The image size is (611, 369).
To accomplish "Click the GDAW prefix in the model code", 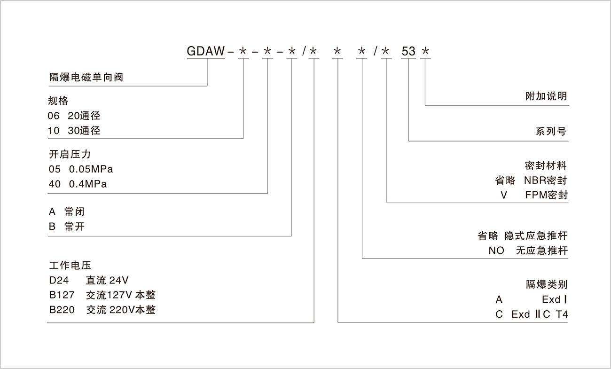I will tap(206, 51).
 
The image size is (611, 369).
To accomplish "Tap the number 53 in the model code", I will tap(408, 51).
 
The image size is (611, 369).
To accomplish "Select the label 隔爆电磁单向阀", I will tap(86, 77).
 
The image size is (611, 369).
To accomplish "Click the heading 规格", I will tap(58, 101).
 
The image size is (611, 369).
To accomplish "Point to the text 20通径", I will tap(84, 116).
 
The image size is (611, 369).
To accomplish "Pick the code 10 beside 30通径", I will tap(54, 131).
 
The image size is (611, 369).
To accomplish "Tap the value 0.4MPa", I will tap(88, 184).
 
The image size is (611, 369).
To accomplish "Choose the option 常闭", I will tap(75, 212).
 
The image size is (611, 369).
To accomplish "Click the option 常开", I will tap(75, 227).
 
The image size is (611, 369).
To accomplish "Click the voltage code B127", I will tap(62, 295).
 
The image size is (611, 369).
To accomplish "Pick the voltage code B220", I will tap(62, 310).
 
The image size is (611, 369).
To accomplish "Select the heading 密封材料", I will tap(546, 165).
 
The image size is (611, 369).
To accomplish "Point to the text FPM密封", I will tap(547, 195).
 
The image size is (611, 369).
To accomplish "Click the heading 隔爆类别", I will tap(546, 284).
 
